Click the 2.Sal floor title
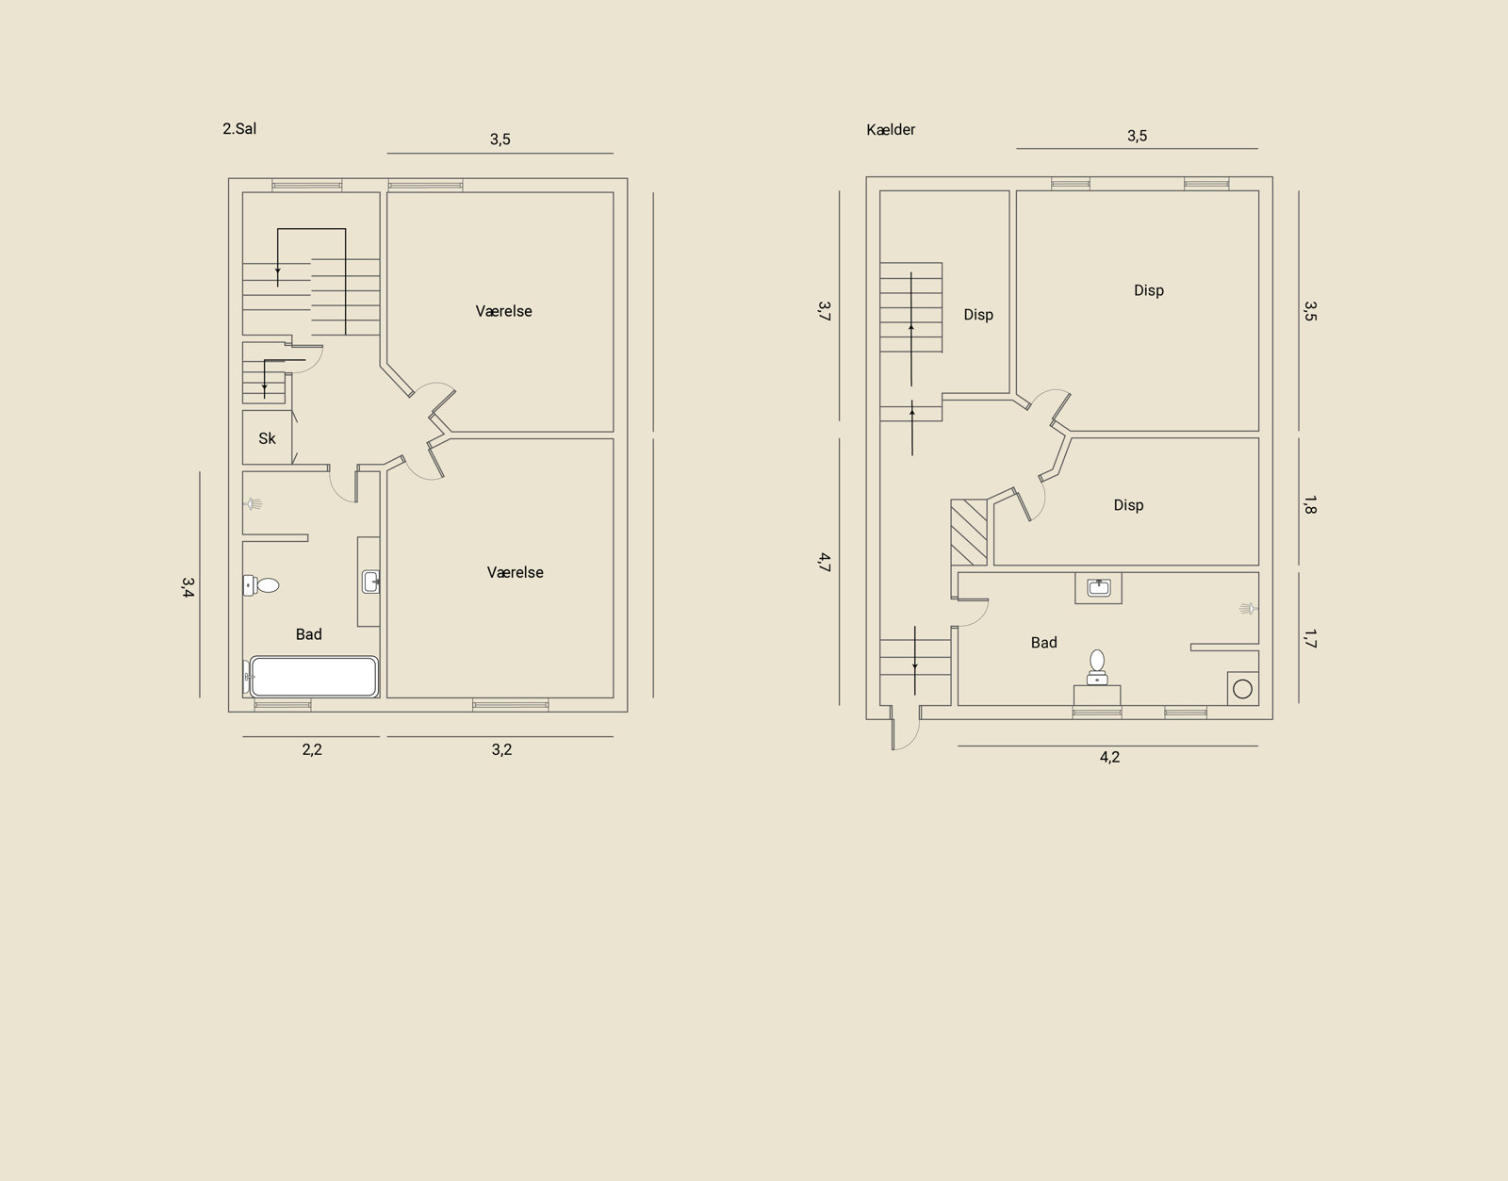pos(239,128)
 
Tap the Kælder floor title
pos(891,130)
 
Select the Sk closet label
pos(267,438)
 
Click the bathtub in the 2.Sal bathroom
pos(314,677)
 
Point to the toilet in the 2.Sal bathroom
pos(261,585)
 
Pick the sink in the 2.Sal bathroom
pos(370,582)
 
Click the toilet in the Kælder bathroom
pos(1096,666)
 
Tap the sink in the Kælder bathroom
pos(1099,588)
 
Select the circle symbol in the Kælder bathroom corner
pos(1242,689)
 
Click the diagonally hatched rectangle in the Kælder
pos(969,533)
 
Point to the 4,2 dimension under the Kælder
pos(1109,757)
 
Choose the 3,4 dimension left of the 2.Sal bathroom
pos(188,588)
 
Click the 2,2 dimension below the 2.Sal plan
pos(312,749)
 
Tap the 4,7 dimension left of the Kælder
pos(824,562)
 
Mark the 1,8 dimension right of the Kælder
pos(1309,505)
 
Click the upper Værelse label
pos(504,312)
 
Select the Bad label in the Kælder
pos(1043,643)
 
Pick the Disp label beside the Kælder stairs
pos(978,315)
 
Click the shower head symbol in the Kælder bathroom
pos(1249,609)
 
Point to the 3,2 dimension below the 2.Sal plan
pos(501,749)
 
